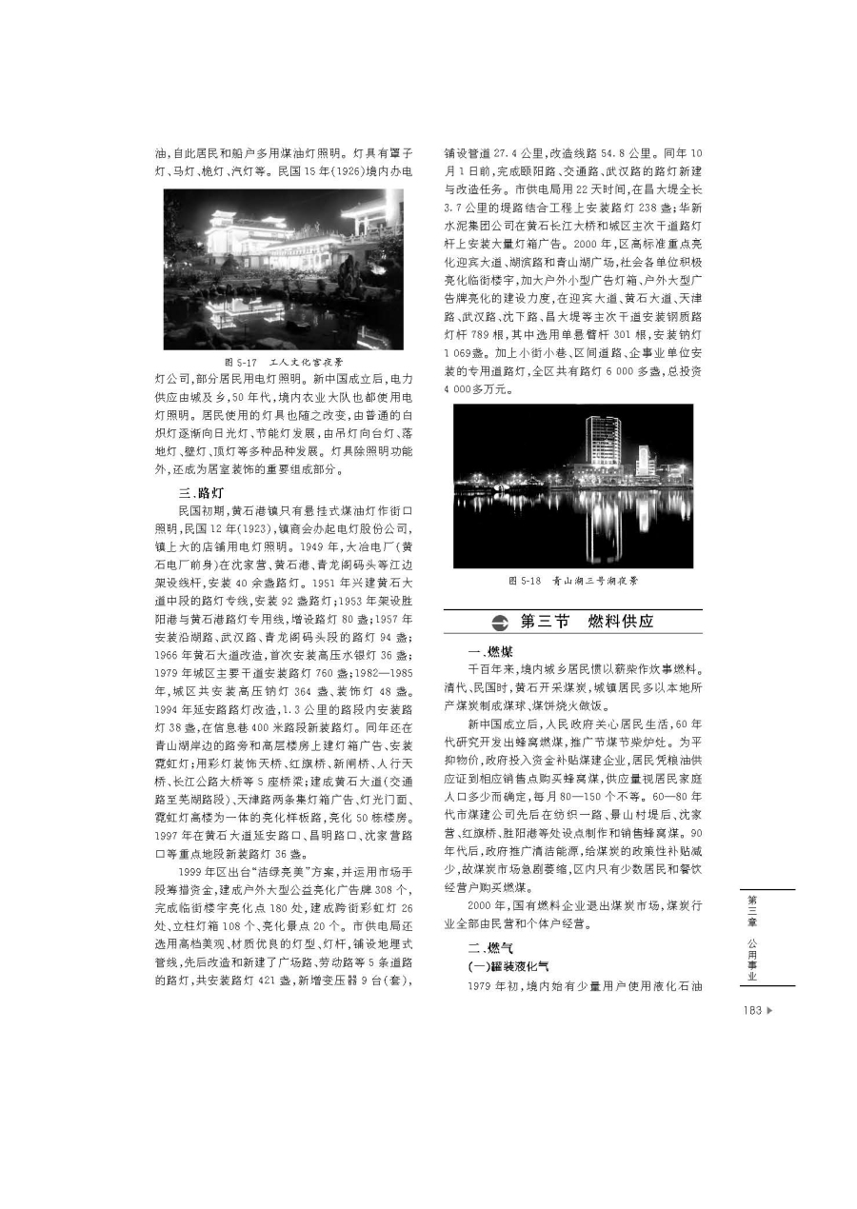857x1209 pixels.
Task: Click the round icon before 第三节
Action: pyautogui.click(x=500, y=623)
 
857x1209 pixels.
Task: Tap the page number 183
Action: pyautogui.click(x=751, y=1011)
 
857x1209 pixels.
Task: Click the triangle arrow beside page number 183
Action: pyautogui.click(x=769, y=1011)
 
